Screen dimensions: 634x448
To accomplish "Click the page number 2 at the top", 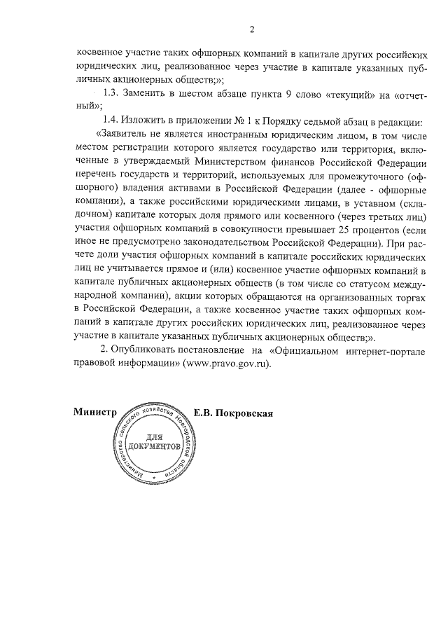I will pos(251,29).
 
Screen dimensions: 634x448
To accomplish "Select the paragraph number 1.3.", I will pos(113,92).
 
